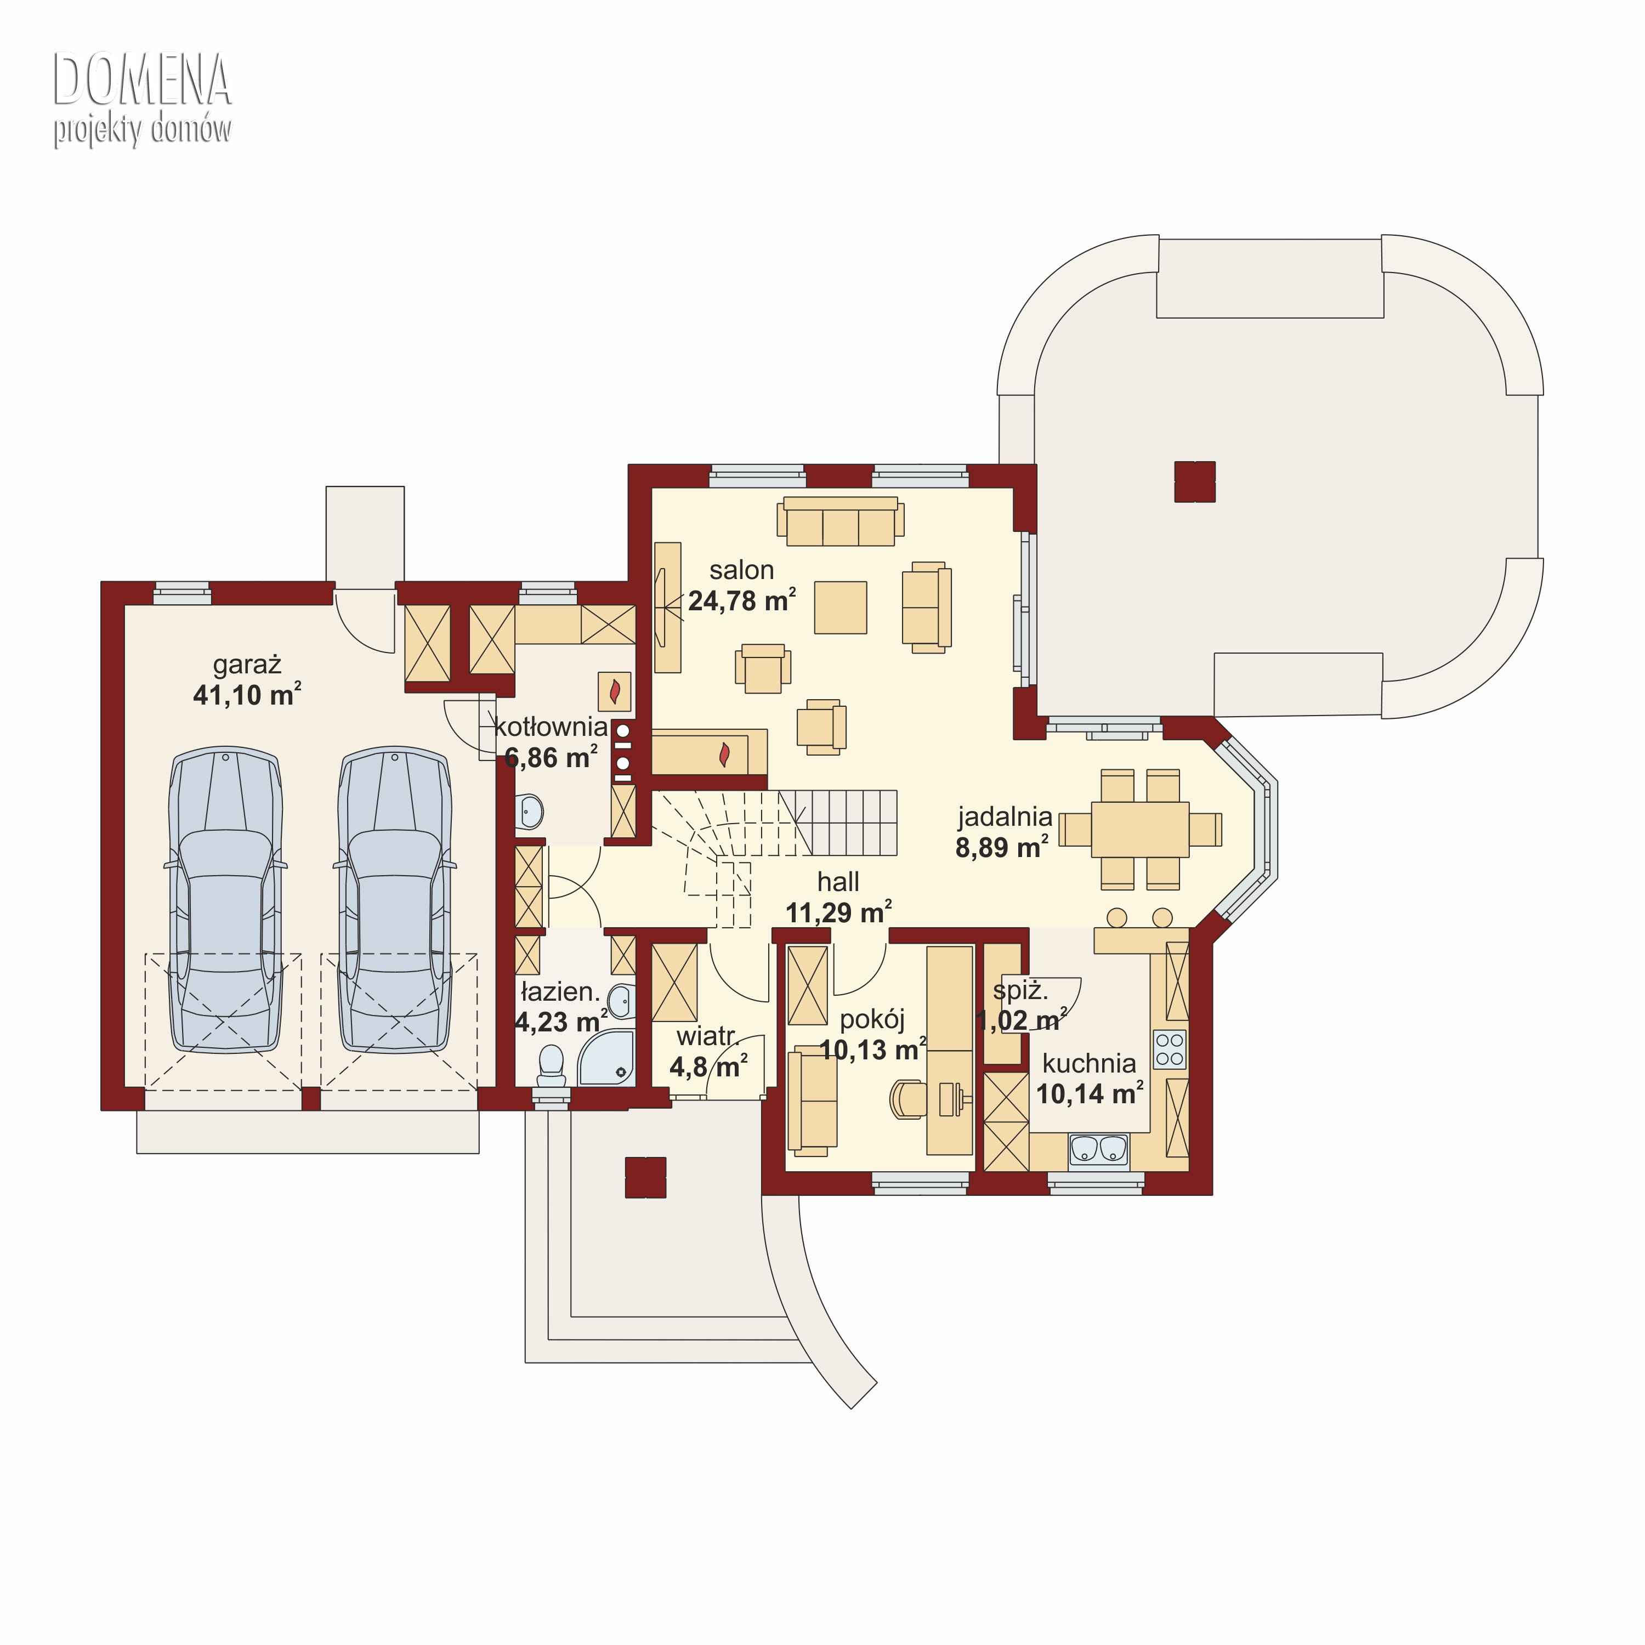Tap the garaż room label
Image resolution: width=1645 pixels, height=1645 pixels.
pyautogui.click(x=247, y=665)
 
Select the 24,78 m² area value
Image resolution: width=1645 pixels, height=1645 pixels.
pyautogui.click(x=741, y=600)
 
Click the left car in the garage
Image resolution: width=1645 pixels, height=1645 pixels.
pyautogui.click(x=225, y=901)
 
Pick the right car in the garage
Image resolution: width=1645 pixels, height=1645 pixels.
pyautogui.click(x=395, y=901)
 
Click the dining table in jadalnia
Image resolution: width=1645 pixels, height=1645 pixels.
pyautogui.click(x=1140, y=829)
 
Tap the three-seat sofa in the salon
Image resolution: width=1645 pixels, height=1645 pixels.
pyautogui.click(x=841, y=521)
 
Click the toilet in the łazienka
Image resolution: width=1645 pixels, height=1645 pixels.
pyautogui.click(x=551, y=1066)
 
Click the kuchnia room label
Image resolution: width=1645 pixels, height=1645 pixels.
pyautogui.click(x=1089, y=1063)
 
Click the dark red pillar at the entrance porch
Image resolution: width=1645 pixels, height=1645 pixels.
pyautogui.click(x=645, y=1178)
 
